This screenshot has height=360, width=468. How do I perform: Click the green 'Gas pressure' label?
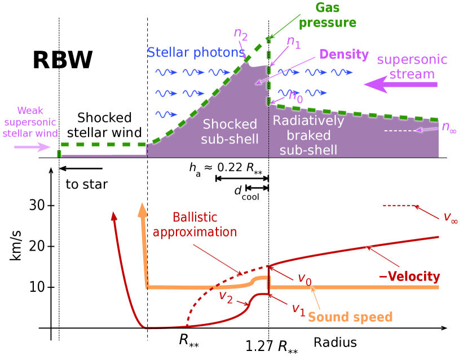327,16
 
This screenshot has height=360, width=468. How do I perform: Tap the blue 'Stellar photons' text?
196,53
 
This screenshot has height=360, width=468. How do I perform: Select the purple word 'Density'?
344,55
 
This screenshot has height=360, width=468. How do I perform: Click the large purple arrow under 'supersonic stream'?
400,85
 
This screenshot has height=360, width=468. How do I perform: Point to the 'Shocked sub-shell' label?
229,131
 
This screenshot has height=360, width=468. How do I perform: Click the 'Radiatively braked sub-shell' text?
308,135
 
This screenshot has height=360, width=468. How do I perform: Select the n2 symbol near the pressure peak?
241,35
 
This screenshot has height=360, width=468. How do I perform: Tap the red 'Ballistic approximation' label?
195,224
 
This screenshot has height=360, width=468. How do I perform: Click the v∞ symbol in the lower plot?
450,217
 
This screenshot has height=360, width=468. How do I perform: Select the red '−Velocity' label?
410,276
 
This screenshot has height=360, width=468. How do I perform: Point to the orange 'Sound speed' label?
350,317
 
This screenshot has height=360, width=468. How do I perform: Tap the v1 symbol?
298,308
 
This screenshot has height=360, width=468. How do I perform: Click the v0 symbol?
304,278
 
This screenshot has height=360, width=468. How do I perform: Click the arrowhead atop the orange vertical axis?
143,210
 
